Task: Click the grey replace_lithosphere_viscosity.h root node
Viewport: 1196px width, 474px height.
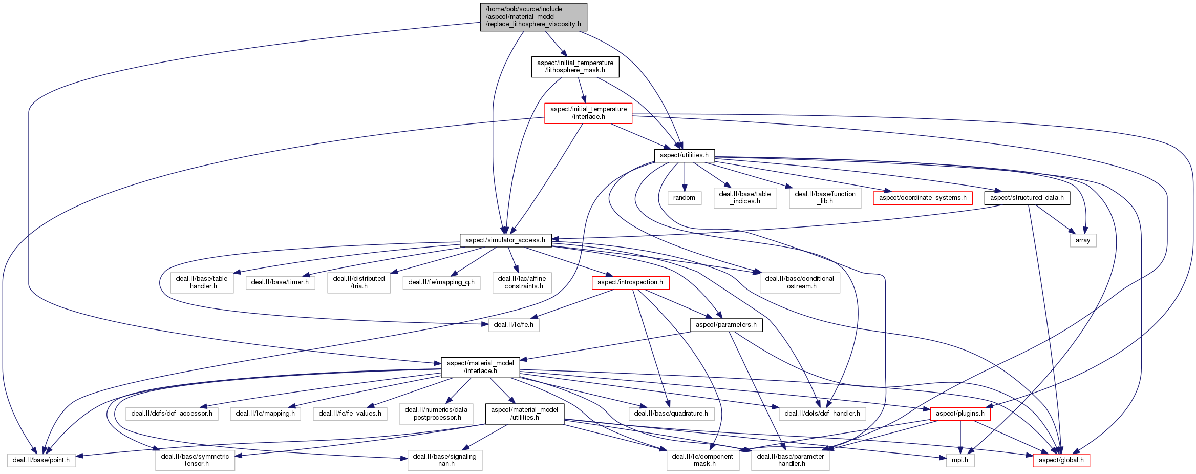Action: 533,17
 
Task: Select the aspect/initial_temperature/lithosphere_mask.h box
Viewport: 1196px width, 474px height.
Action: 575,67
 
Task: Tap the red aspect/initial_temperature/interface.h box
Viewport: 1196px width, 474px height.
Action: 588,113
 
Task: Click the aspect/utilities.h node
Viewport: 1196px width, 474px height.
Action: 684,155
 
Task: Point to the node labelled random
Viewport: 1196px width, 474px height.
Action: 684,198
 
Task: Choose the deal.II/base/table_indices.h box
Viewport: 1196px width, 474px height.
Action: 745,198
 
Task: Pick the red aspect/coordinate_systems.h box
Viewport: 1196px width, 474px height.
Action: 923,198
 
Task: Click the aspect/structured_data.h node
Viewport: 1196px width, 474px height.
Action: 1027,198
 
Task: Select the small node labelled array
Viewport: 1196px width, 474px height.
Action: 1083,240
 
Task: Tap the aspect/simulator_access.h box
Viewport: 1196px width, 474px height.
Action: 505,240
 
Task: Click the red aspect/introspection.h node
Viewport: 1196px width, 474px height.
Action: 630,282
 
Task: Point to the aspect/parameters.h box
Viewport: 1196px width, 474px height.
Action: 726,325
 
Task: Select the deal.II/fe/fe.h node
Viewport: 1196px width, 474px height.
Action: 514,325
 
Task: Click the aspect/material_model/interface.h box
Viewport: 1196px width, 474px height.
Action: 480,367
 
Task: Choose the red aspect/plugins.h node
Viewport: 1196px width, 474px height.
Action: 960,414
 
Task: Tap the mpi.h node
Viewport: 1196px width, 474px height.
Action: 960,460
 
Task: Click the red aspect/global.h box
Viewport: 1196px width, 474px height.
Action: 1061,460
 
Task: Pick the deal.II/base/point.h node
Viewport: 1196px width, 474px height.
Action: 41,460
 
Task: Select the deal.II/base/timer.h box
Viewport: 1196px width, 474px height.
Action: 280,282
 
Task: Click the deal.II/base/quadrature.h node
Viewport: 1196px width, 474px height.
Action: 671,414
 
